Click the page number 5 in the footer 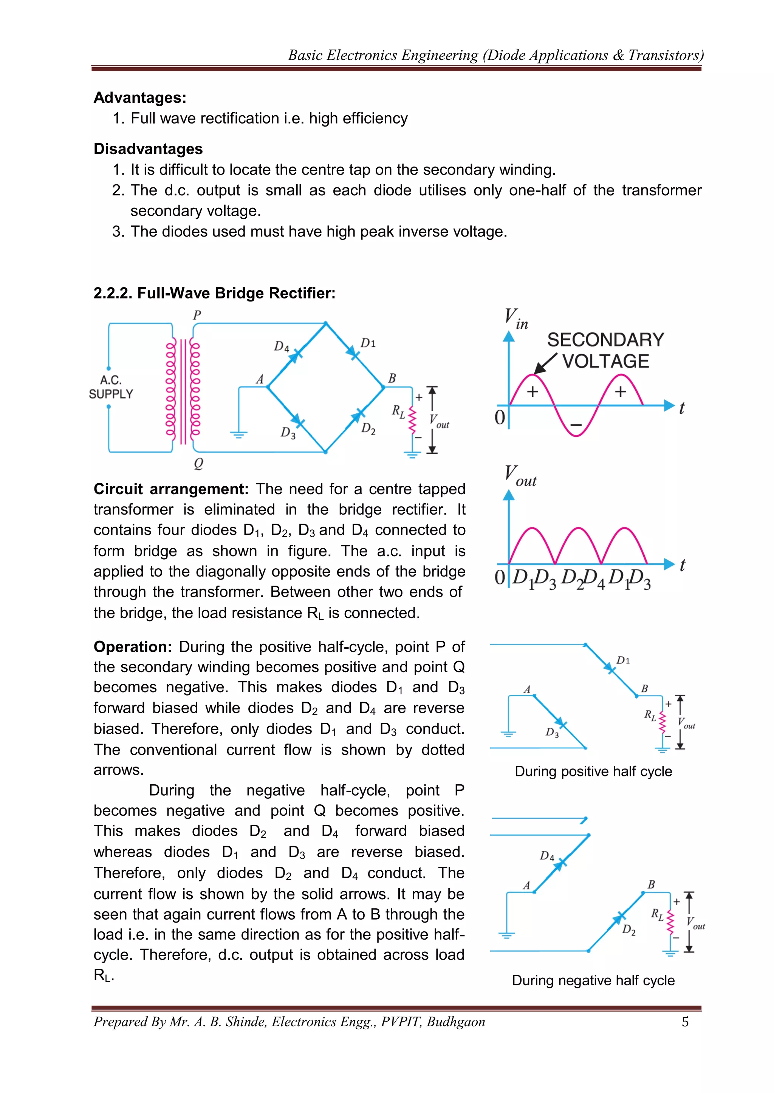[685, 1022]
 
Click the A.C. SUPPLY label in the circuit [111, 387]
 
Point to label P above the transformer [197, 315]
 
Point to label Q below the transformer [198, 463]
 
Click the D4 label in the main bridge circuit [281, 346]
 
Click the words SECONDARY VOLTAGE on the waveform [605, 350]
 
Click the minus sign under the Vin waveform [576, 425]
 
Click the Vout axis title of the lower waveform [520, 476]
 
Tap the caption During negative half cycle [593, 980]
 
